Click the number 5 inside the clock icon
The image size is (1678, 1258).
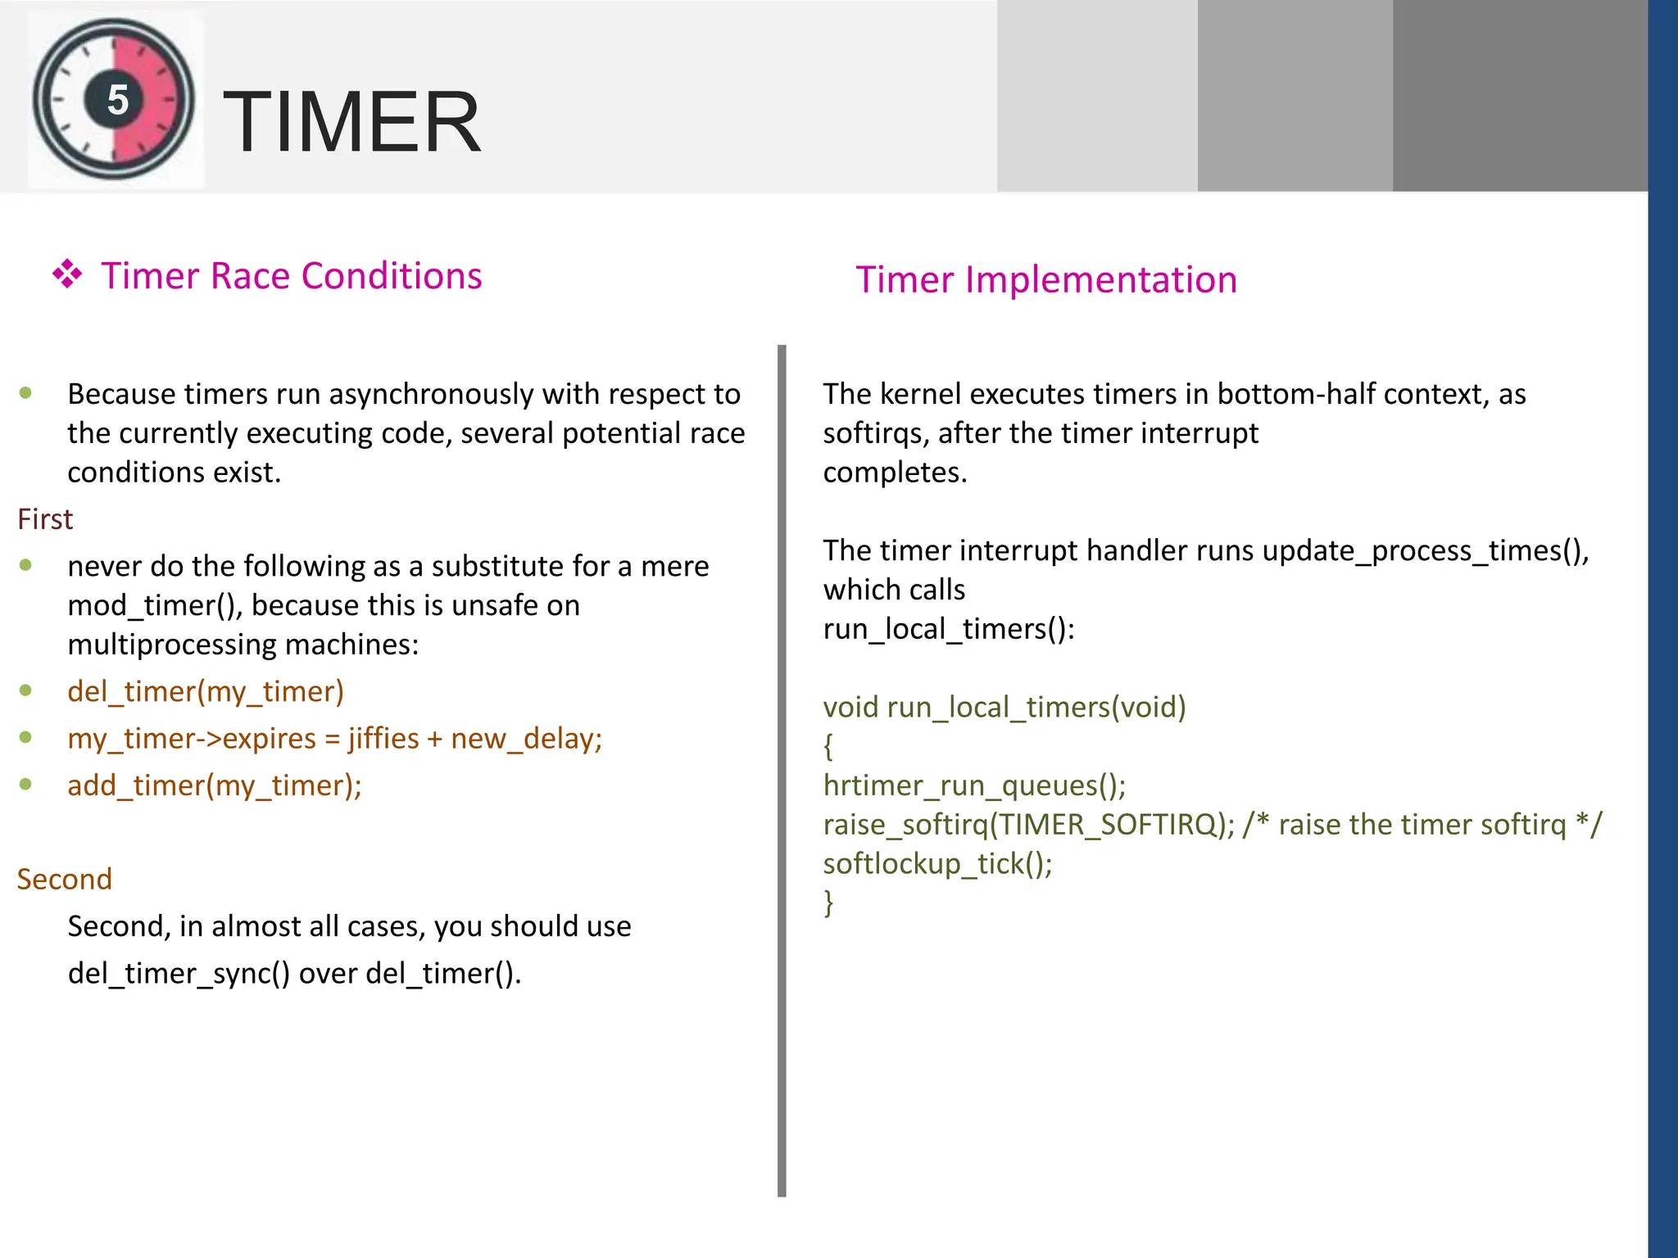click(118, 100)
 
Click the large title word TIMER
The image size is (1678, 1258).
click(352, 122)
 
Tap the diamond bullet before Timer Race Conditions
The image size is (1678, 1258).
click(67, 274)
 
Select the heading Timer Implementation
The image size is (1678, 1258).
click(1046, 280)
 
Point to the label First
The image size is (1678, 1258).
click(45, 519)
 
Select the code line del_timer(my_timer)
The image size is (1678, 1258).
click(206, 691)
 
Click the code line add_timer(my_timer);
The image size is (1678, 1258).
click(215, 785)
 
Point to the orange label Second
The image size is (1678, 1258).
click(64, 879)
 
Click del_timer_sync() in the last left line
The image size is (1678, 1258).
click(179, 973)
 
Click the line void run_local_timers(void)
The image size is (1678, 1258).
click(1005, 707)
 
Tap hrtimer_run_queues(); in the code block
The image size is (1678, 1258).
click(974, 785)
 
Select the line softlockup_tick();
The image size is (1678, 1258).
click(937, 863)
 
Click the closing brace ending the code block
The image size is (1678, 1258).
click(828, 903)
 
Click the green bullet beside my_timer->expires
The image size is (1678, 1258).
click(25, 737)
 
